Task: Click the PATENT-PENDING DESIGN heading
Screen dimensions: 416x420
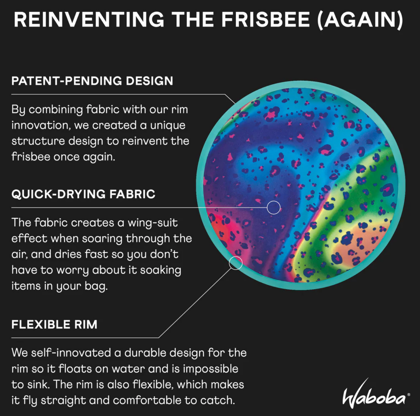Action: click(x=92, y=81)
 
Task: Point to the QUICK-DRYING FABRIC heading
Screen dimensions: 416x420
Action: click(x=83, y=194)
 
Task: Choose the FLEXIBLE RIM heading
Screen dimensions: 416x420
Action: click(x=54, y=325)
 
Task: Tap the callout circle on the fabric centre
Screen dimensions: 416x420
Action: click(x=273, y=207)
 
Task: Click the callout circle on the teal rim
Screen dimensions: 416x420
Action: click(x=236, y=263)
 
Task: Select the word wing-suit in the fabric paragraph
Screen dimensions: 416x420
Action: click(x=153, y=223)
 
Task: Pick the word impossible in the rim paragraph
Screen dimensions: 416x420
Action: click(x=210, y=369)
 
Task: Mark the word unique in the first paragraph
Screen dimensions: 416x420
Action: click(x=167, y=125)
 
